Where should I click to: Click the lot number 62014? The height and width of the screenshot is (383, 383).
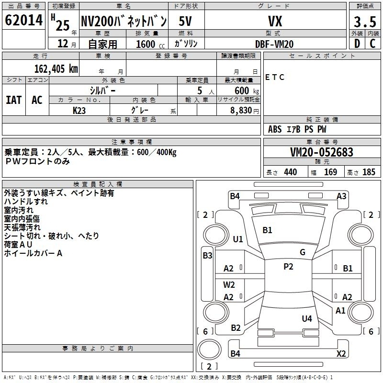23,20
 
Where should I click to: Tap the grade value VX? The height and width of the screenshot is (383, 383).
275,21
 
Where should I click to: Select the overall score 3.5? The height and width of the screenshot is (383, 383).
365,22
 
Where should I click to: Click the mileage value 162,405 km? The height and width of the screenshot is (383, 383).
56,68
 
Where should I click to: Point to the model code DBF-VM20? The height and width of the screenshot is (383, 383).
274,44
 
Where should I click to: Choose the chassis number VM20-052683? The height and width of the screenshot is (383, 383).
322,152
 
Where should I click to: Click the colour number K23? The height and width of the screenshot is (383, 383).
79,111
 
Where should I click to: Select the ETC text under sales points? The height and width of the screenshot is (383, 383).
275,77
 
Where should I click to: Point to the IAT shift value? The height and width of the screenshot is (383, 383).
13,100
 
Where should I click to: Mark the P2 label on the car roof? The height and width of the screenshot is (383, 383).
288,266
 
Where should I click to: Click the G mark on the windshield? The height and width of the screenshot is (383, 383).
303,252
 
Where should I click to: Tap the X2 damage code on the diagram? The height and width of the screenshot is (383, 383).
341,353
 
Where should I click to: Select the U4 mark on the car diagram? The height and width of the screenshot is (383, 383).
307,318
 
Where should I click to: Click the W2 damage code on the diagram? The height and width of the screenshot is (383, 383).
229,284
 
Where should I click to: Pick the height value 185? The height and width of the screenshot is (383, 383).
369,172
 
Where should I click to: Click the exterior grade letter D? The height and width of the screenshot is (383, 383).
357,44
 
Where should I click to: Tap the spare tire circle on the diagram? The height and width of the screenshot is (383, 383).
209,349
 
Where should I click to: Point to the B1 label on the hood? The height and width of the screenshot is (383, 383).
267,230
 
